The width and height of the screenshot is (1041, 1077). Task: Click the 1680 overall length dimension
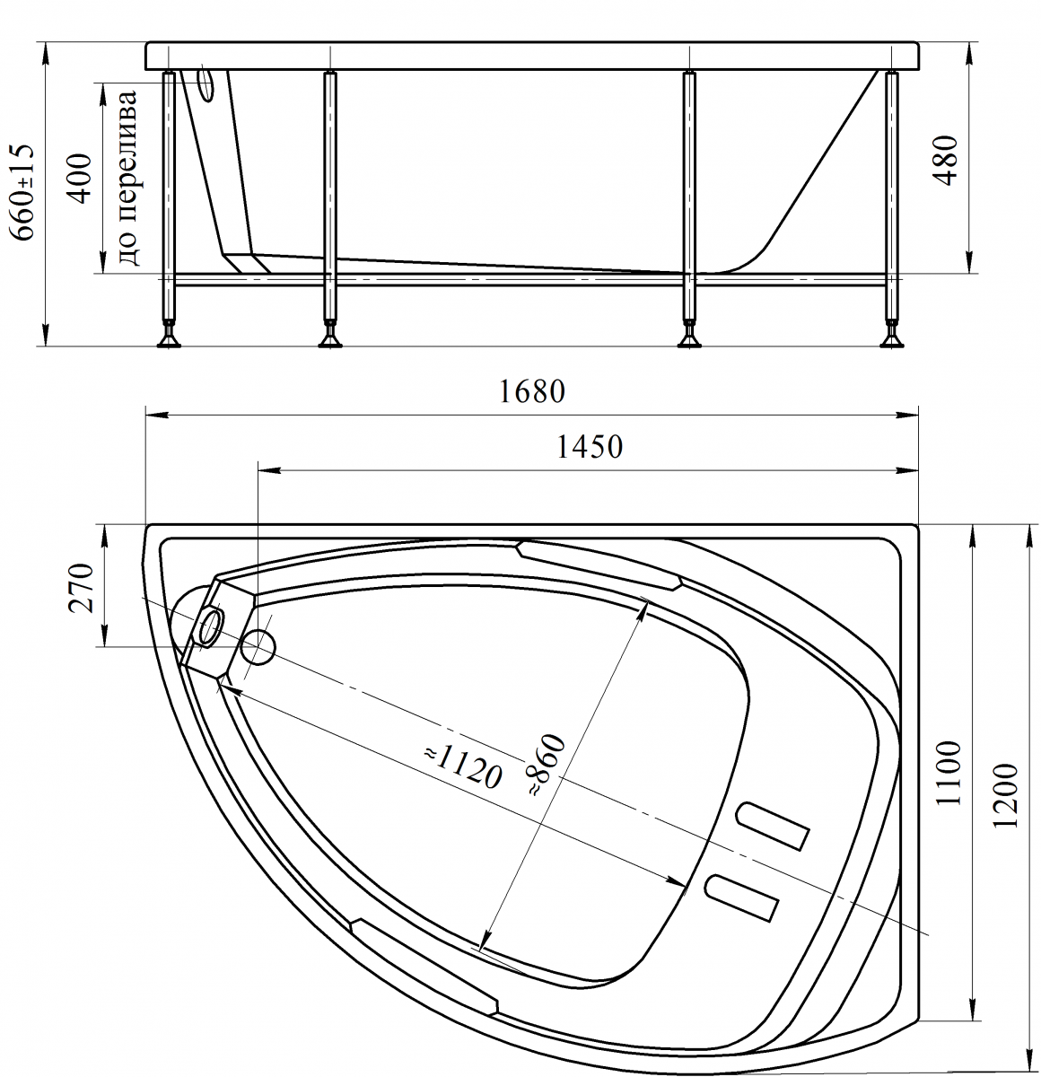click(x=531, y=392)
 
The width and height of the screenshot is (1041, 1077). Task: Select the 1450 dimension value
click(x=589, y=447)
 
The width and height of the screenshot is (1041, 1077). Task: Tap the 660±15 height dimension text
click(x=22, y=192)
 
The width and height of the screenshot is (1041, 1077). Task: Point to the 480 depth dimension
click(x=946, y=161)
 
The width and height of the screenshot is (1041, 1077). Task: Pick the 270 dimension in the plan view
click(x=81, y=588)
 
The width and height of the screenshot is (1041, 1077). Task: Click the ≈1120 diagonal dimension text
click(x=463, y=767)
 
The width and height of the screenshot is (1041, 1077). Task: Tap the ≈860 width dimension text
click(x=547, y=766)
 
